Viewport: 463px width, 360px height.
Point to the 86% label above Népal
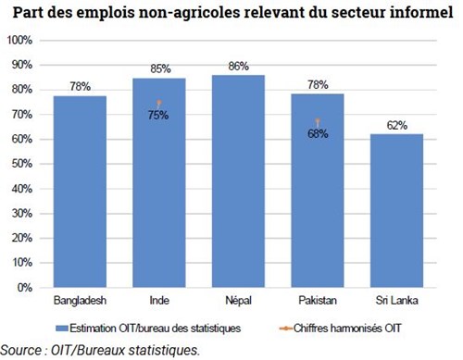point(239,66)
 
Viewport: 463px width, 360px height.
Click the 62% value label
point(397,125)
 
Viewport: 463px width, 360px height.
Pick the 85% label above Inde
point(159,68)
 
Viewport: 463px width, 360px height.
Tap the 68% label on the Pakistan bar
point(319,133)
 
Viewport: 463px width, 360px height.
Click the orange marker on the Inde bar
point(159,103)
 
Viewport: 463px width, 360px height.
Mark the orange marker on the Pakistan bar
point(319,120)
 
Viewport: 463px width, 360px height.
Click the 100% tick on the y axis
point(19,41)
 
